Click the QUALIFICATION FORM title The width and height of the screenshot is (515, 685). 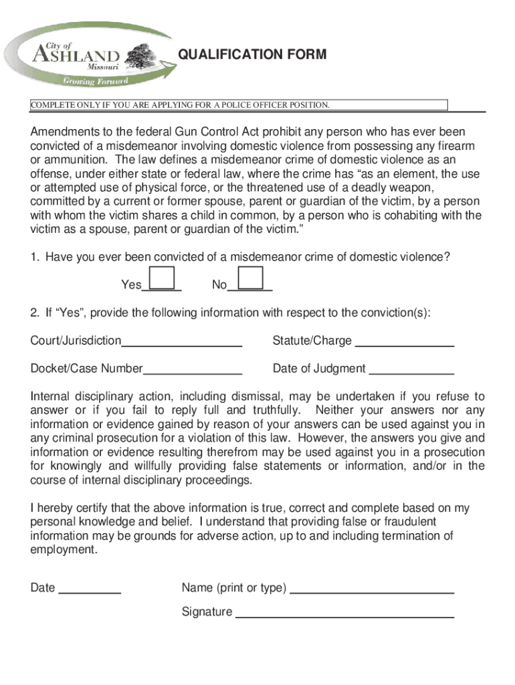[253, 54]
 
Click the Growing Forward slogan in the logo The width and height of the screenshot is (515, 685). [95, 81]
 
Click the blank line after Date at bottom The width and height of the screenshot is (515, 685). [90, 593]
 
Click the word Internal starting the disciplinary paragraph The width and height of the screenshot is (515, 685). [49, 397]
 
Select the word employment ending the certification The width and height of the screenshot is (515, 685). [63, 550]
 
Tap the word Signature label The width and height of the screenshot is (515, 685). [207, 611]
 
